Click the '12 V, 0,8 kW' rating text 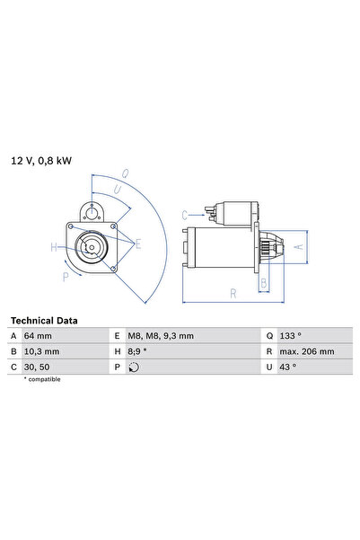40,161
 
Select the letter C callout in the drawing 184,215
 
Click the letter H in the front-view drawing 54,246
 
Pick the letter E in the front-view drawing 137,243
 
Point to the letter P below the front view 66,278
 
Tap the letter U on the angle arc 116,190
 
